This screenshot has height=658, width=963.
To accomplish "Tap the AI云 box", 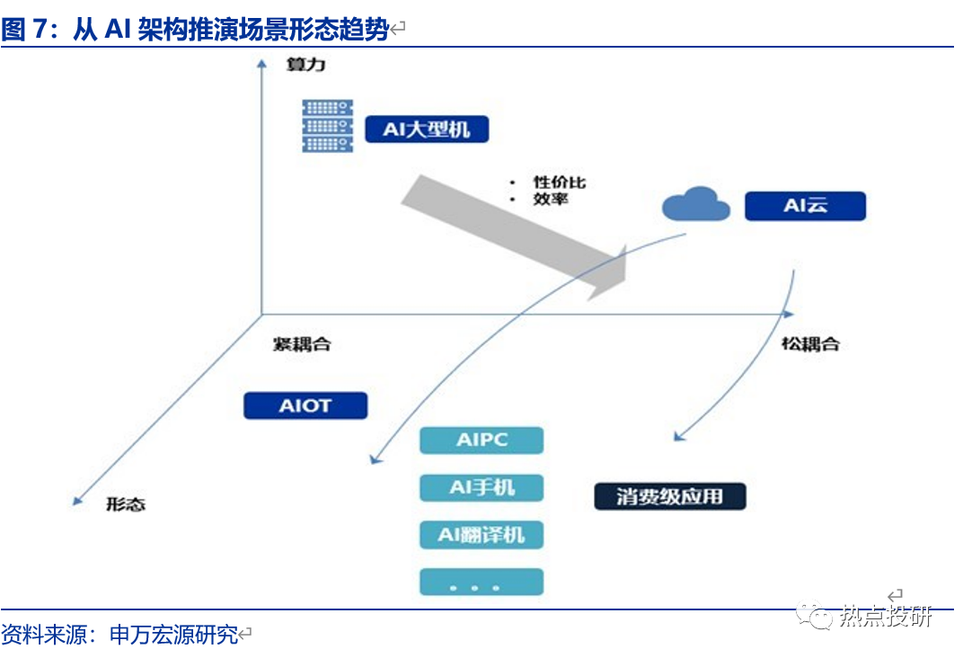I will (805, 206).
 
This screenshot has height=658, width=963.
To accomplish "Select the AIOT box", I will (305, 405).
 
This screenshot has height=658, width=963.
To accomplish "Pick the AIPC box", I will (481, 440).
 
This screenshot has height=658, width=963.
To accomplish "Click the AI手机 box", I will (481, 487).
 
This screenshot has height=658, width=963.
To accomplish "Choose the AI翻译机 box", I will (481, 535).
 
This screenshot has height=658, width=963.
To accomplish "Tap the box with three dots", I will (481, 582).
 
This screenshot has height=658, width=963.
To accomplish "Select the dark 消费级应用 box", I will (669, 496).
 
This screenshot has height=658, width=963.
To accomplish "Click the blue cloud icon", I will (696, 204).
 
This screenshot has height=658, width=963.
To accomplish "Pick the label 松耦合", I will (809, 343).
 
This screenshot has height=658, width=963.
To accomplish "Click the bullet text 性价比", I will (559, 182).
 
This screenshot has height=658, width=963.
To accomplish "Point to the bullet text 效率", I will (550, 199).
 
